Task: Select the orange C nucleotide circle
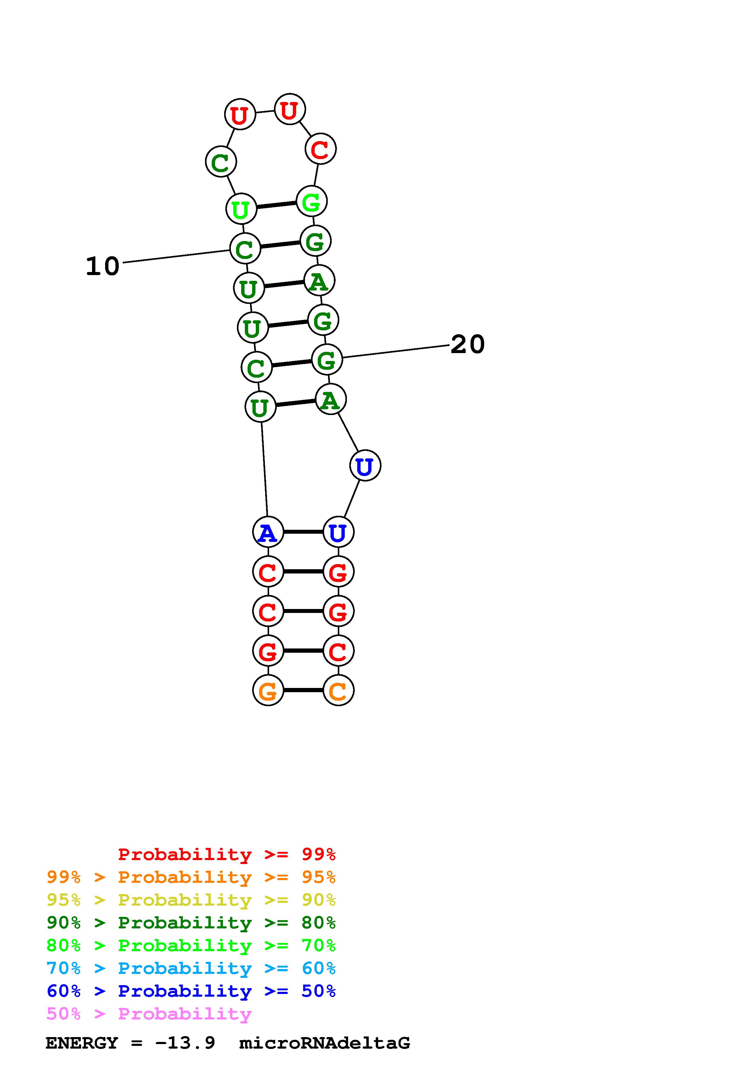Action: pos(338,690)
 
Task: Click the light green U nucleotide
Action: pos(241,209)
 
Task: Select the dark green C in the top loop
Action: pos(221,162)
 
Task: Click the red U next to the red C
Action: pos(289,110)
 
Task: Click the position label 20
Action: pos(467,344)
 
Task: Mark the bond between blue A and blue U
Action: pos(303,532)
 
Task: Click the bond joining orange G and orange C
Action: pos(303,690)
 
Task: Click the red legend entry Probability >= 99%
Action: pos(226,854)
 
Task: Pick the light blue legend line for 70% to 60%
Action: pos(191,968)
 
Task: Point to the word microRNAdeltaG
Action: pos(324,1043)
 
